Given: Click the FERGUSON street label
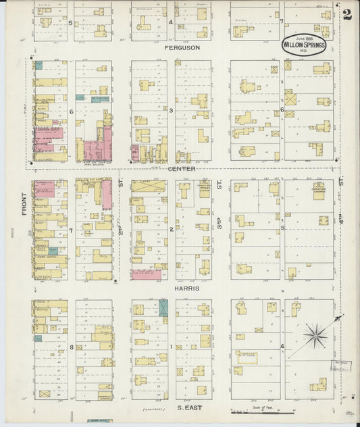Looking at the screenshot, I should point(181,49).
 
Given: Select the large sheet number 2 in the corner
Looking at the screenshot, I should point(346,15).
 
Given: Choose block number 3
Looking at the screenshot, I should point(171,110).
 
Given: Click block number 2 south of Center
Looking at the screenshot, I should point(171,230).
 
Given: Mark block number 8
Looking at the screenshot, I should point(71,347).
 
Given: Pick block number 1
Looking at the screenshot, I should point(171,347).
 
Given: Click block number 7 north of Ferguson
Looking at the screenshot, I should point(281,22).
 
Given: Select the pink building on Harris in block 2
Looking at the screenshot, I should point(147,274).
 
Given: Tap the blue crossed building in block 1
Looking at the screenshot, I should point(163,309).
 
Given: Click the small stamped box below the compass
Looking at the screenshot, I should point(341,367).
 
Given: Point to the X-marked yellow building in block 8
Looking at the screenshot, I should point(45,393).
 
